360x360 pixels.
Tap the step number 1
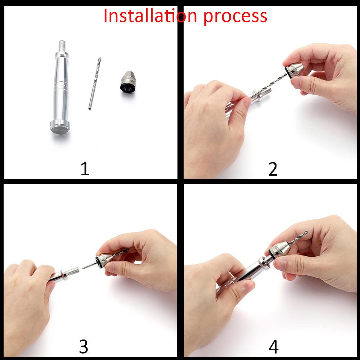[x=85, y=169]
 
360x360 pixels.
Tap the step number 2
[x=273, y=169]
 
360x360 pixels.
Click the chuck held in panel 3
[x=104, y=259]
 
